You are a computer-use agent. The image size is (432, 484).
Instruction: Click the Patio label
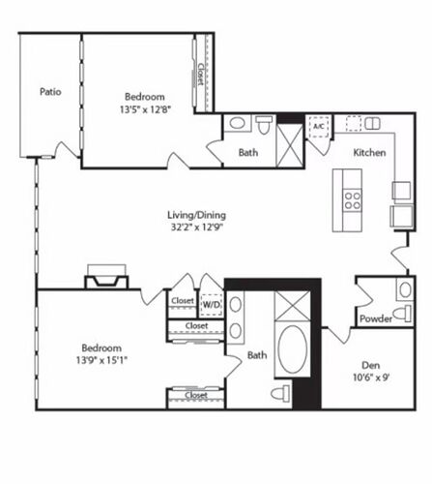pos(50,92)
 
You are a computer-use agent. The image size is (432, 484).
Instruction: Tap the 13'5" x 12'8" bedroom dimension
pos(145,109)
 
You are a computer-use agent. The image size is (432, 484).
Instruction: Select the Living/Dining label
pos(196,215)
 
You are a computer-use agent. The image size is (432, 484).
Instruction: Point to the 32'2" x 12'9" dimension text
pos(197,227)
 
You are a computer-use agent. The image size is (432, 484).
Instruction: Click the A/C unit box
pos(319,126)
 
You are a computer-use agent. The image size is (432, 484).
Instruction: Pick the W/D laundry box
pos(212,305)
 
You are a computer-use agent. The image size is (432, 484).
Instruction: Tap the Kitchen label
pos(369,152)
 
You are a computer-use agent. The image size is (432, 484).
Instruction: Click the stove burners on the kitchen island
pos(353,200)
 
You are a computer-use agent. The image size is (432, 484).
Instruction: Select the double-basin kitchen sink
pos(372,123)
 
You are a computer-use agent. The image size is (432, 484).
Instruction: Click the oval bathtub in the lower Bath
pos(293,348)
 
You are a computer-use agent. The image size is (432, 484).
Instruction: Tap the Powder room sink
pos(405,289)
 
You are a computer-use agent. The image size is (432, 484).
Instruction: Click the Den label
pos(371,365)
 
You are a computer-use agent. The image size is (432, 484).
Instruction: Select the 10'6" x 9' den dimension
pos(371,378)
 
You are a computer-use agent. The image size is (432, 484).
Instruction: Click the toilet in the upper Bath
pos(264,125)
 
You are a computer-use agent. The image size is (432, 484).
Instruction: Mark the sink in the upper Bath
pos(237,123)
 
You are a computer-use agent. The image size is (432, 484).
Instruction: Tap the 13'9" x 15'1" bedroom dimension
pos(101,360)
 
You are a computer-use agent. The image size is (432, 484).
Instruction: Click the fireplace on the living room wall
pos(106,277)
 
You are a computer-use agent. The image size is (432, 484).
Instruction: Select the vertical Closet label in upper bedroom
pos(200,75)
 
